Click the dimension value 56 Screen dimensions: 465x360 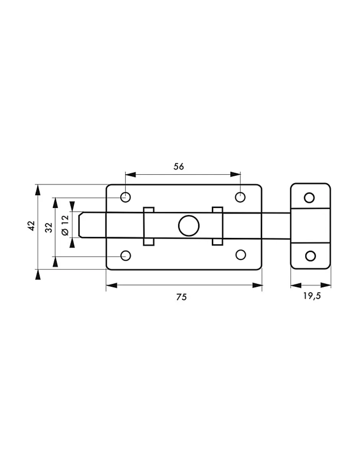point(178,166)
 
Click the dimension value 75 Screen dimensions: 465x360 point(182,297)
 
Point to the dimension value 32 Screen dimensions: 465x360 point(49,228)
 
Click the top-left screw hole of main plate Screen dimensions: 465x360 point(126,197)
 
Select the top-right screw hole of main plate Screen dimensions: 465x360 point(240,197)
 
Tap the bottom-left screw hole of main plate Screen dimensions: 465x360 point(126,255)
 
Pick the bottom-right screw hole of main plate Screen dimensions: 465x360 point(241,255)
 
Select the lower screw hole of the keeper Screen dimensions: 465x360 point(310,256)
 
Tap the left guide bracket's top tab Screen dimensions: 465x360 point(149,210)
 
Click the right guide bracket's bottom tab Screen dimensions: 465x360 point(218,241)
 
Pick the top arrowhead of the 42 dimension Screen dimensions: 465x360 point(38,189)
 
